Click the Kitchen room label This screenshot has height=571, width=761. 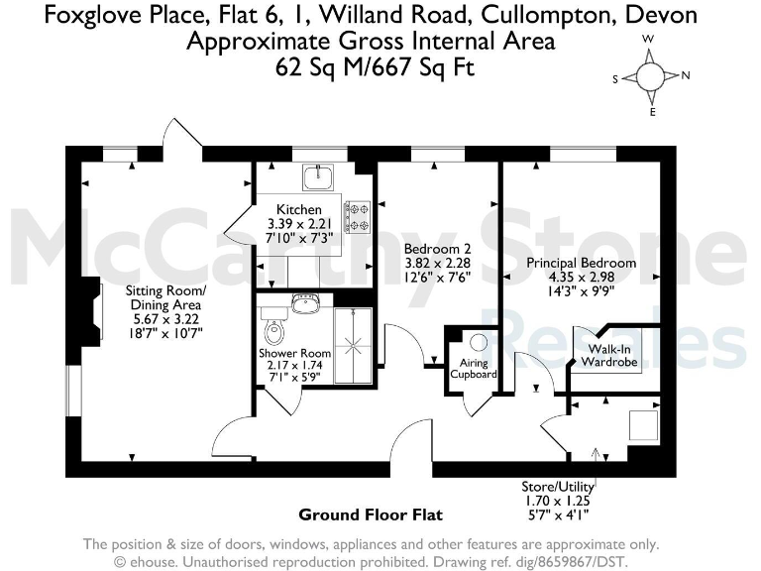298,209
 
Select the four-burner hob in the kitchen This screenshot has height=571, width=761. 357,216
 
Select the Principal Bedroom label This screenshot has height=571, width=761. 581,263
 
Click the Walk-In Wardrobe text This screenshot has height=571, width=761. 610,356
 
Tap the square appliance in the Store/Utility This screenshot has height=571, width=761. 644,424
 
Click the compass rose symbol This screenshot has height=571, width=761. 651,75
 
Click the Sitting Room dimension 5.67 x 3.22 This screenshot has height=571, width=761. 164,319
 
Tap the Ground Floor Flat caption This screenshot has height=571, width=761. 370,514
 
